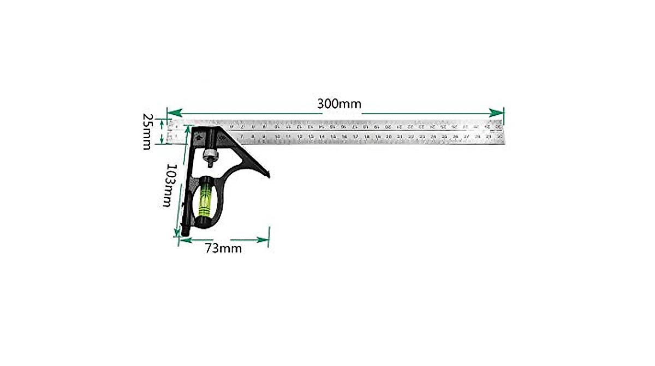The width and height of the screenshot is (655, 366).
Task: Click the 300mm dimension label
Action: coord(339,104)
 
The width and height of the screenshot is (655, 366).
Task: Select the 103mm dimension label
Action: coord(170,185)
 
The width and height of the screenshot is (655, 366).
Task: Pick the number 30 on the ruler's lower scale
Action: coord(499,137)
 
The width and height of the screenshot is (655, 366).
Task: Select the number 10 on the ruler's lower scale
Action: coord(277,137)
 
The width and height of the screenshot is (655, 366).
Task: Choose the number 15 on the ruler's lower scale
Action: coord(332,137)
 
